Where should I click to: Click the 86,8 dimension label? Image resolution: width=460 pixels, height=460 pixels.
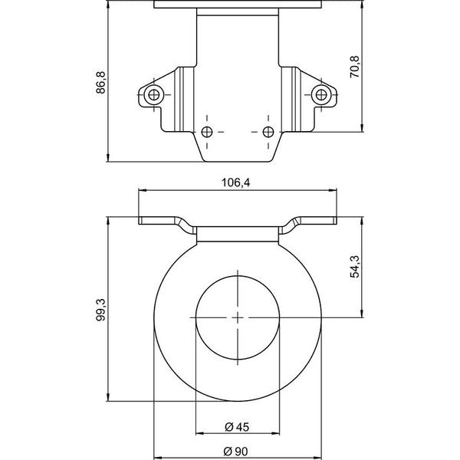(x=100, y=82)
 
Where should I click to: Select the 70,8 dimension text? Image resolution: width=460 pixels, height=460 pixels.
(x=355, y=67)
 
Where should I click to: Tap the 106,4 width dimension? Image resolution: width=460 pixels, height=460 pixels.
(x=236, y=182)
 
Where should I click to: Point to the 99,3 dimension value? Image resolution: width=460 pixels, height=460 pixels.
(x=100, y=310)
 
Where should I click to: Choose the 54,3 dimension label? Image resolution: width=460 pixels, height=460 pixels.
(x=355, y=266)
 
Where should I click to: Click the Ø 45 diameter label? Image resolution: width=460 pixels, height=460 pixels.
(x=237, y=427)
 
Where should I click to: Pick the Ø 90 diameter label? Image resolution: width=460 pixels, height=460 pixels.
(x=235, y=452)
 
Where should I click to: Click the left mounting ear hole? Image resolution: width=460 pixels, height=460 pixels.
(x=154, y=95)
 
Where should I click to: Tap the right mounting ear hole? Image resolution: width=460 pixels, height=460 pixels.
(x=321, y=95)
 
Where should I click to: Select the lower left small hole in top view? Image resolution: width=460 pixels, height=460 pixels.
(x=207, y=132)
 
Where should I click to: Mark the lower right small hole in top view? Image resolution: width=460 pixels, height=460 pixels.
(x=268, y=132)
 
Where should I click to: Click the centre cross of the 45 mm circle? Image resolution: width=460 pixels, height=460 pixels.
(x=238, y=317)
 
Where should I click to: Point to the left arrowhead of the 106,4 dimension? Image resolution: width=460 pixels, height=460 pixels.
(x=143, y=190)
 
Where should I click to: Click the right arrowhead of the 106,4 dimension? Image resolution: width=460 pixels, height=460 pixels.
(x=333, y=190)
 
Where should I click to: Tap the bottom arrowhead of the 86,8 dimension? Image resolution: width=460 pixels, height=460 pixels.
(x=108, y=157)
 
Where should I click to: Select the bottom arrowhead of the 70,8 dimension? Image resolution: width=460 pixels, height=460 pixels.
(x=362, y=128)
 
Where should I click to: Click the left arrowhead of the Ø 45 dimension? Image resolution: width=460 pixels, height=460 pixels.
(x=200, y=433)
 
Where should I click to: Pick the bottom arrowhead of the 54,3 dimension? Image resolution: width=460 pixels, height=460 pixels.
(x=362, y=314)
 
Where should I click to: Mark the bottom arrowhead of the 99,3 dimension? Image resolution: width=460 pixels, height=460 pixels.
(x=108, y=397)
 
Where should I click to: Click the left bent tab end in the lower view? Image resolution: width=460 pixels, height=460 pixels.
(x=140, y=220)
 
